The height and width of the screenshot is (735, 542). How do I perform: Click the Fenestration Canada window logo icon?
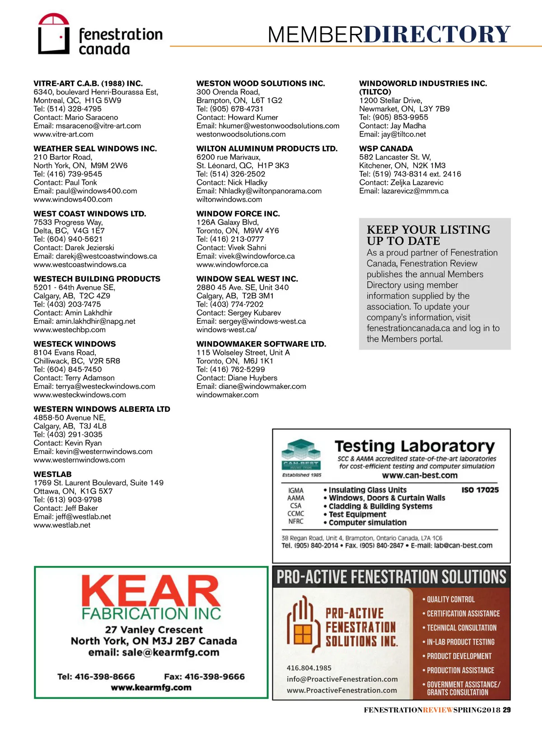click(x=53, y=34)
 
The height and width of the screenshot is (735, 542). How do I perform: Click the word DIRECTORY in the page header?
click(x=437, y=34)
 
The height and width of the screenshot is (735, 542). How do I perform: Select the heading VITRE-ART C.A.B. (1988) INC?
click(x=88, y=84)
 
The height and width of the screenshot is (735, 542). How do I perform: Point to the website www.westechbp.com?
click(x=70, y=330)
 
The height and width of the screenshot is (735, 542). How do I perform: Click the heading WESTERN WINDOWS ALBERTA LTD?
click(x=102, y=409)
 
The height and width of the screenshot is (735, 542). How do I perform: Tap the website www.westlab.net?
click(x=62, y=525)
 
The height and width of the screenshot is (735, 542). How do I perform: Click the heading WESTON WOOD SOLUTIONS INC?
click(x=261, y=84)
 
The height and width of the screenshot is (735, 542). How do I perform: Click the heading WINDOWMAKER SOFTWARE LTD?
click(x=261, y=344)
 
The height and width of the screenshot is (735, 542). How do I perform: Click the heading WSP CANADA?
click(x=386, y=149)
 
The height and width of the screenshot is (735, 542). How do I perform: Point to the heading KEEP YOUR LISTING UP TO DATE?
click(x=428, y=235)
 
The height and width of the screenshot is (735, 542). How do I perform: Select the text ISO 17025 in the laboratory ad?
click(x=480, y=490)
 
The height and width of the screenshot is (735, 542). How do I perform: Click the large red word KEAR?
click(x=151, y=591)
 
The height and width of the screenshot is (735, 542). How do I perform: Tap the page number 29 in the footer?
click(x=507, y=710)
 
